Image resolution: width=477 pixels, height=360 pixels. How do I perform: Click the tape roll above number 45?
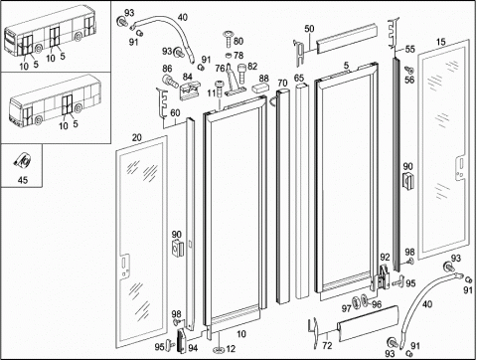pyautogui.click(x=23, y=161)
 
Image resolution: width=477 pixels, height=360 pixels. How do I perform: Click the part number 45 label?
pyautogui.click(x=23, y=180)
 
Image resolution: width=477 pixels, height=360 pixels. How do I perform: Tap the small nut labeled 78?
pyautogui.click(x=229, y=55)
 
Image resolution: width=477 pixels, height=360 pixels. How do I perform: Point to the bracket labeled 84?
pyautogui.click(x=190, y=90)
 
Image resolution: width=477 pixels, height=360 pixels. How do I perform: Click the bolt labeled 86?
pyautogui.click(x=169, y=81)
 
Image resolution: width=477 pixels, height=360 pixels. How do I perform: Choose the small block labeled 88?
pyautogui.click(x=260, y=89)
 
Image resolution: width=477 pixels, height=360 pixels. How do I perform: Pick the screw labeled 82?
pyautogui.click(x=242, y=73)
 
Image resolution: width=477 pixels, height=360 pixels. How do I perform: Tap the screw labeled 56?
pyautogui.click(x=409, y=70)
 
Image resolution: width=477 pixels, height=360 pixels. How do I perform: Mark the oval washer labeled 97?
pyautogui.click(x=357, y=301)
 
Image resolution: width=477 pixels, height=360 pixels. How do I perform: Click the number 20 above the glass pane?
pyautogui.click(x=137, y=138)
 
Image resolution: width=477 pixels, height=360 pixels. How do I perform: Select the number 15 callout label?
pyautogui.click(x=440, y=42)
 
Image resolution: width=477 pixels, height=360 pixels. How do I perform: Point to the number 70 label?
pyautogui.click(x=282, y=83)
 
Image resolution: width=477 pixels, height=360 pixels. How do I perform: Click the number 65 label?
pyautogui.click(x=299, y=78)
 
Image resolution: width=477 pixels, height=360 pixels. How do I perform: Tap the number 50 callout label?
pyautogui.click(x=309, y=29)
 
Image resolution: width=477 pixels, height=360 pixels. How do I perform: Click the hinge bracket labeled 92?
pyautogui.click(x=384, y=275)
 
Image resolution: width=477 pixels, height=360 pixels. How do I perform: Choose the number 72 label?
pyautogui.click(x=327, y=345)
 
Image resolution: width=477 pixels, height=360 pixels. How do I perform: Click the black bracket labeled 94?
pyautogui.click(x=182, y=340)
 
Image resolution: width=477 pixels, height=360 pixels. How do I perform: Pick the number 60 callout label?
pyautogui.click(x=175, y=113)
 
